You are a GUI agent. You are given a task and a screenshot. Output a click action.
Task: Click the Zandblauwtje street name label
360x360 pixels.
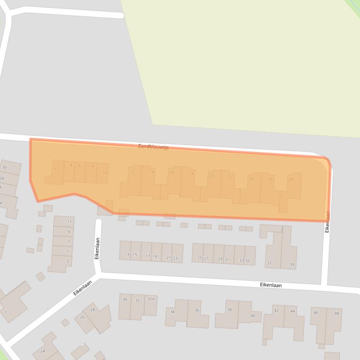click(x=153, y=147)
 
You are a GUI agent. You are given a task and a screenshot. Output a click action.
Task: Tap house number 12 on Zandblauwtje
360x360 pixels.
click(x=132, y=172)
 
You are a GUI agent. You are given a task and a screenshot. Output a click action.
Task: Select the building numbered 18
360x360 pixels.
click(x=191, y=173)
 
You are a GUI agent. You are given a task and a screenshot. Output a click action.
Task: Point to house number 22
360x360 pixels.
click(x=230, y=176)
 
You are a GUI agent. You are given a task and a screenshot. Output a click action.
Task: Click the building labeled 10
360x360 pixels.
click(x=105, y=173)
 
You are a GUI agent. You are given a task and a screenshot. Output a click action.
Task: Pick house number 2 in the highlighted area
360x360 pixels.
click(x=55, y=168)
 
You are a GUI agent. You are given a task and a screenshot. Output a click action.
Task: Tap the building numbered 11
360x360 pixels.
click(x=69, y=222)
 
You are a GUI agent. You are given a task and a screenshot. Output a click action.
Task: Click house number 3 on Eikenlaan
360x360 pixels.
click(x=68, y=261)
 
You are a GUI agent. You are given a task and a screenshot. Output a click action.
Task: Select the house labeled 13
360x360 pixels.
click(x=127, y=255)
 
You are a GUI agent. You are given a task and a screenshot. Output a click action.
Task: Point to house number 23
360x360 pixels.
click(x=175, y=258)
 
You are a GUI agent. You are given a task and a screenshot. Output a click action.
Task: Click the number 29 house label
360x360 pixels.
click(x=221, y=259)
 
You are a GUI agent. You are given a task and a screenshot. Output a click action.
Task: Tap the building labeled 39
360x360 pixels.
click(x=292, y=265)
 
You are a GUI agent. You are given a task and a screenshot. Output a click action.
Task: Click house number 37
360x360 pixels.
click(x=269, y=263)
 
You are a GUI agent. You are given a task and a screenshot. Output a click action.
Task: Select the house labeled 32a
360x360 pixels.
click(x=151, y=298)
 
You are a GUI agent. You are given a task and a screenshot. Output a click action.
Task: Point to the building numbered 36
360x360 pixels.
click(x=197, y=310)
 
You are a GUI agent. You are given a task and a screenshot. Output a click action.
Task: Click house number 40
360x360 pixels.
click(x=253, y=316)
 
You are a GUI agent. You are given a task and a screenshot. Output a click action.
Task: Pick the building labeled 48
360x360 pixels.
click(x=337, y=313)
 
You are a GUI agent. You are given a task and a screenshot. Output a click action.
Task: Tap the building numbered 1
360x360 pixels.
click(x=6, y=312)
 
